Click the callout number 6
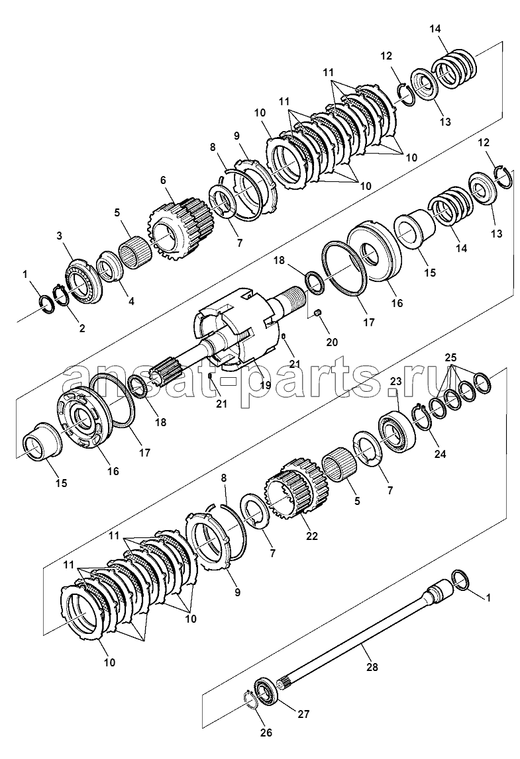tap(163, 180)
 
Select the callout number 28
tap(372, 666)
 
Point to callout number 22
tap(311, 536)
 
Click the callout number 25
tap(450, 357)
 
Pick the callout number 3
tap(59, 236)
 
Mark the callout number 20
tap(331, 341)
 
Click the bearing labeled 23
tap(396, 426)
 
